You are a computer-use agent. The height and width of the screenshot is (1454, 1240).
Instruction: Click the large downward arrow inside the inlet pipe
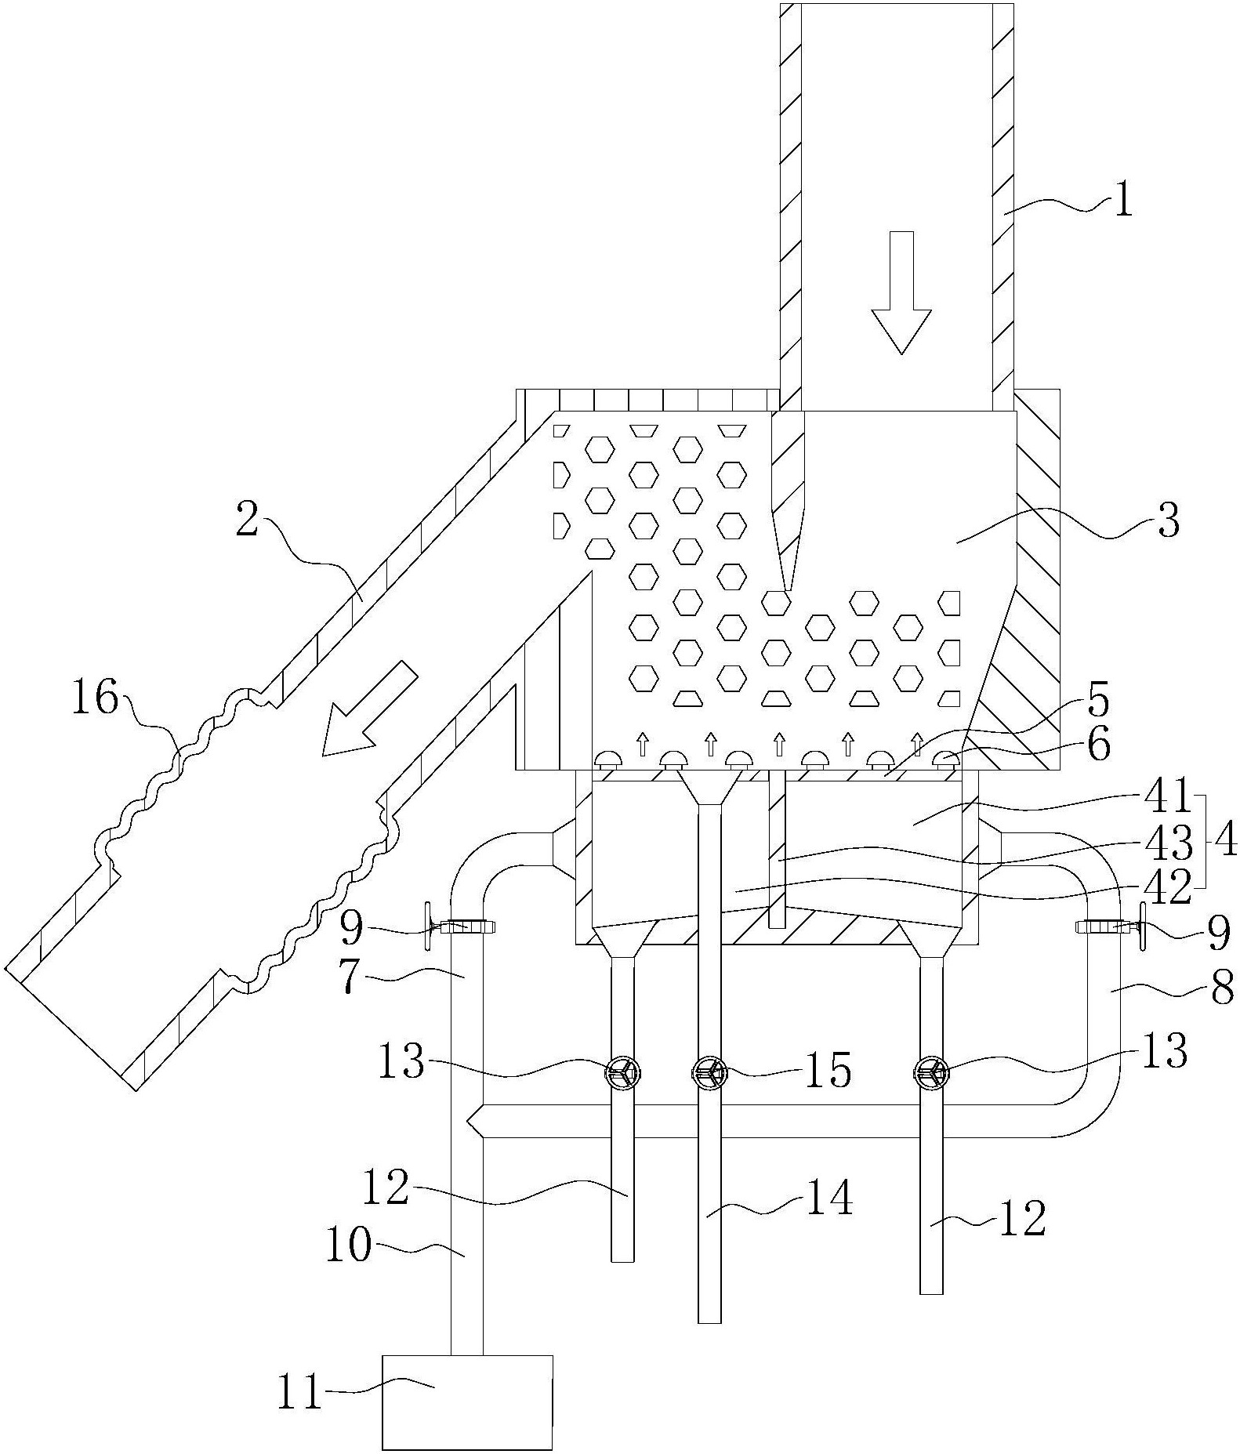point(902,292)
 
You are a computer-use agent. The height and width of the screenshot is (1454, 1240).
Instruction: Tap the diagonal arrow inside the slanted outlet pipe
point(369,709)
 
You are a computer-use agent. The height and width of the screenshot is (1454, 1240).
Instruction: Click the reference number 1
point(1123,201)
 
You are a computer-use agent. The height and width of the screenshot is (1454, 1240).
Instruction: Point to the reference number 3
point(1168,520)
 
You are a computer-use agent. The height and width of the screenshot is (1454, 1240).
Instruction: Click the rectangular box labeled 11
point(466,1401)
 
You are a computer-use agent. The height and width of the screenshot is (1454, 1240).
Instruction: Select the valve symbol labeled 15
point(709,1073)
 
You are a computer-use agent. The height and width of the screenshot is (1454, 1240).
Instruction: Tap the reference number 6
point(1098,747)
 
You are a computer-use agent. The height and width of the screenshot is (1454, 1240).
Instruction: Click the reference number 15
point(828,1071)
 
